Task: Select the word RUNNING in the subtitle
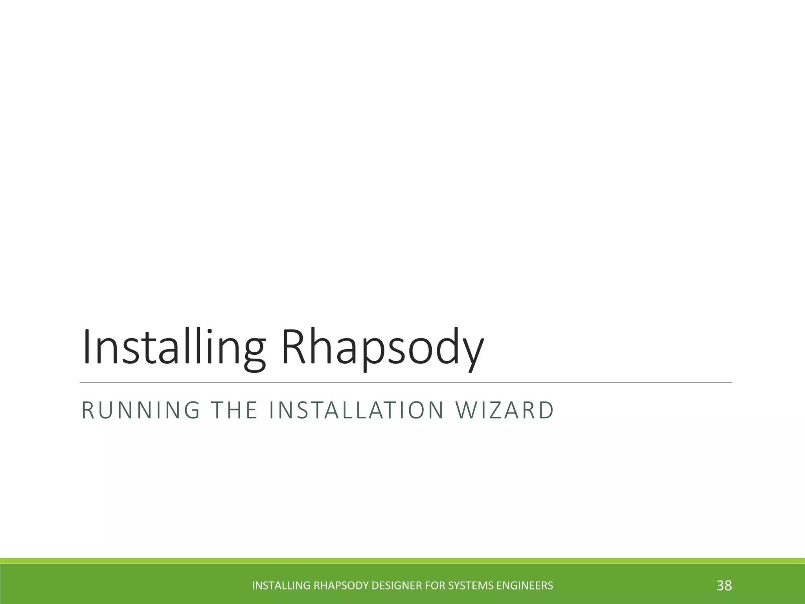141,410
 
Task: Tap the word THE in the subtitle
234,410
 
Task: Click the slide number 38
724,586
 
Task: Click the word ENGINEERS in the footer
525,586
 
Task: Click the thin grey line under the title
405,382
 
